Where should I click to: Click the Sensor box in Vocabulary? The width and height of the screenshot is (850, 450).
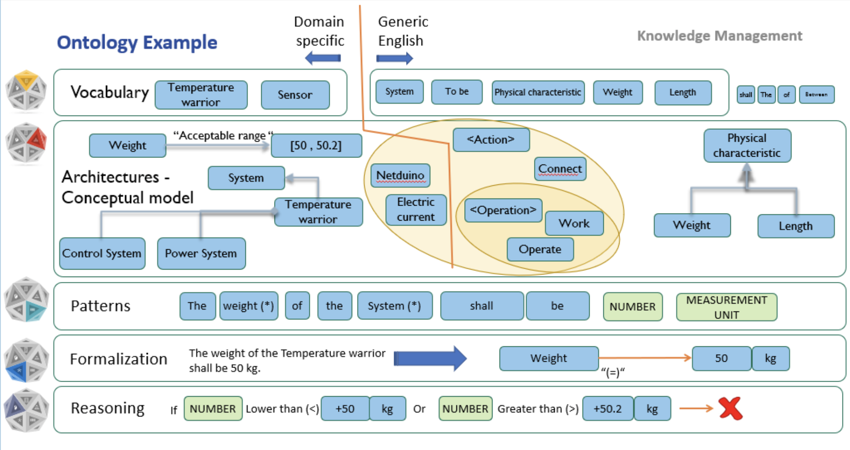coord(295,94)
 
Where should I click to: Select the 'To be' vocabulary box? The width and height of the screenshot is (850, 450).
coord(456,92)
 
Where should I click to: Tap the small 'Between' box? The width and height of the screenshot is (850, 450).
coord(816,94)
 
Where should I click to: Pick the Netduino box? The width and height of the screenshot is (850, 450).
coord(400,176)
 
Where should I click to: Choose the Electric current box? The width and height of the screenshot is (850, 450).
coord(415,210)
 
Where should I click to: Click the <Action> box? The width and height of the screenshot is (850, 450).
coord(491,139)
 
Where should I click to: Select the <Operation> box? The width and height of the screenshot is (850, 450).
coord(503,210)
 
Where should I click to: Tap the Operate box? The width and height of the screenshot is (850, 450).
coord(540,249)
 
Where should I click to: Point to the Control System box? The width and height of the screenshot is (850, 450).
coord(102,253)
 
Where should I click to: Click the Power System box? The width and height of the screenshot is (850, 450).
coord(201,253)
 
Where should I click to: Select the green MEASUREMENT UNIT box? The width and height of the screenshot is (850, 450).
coord(726,307)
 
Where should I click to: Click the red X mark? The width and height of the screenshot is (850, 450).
coord(730,408)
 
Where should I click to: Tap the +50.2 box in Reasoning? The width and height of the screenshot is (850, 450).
coord(607,409)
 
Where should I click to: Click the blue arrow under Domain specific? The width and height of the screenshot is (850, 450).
coord(323,58)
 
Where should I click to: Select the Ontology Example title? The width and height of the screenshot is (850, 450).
coord(137,43)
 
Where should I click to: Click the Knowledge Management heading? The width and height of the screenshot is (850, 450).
coord(719,36)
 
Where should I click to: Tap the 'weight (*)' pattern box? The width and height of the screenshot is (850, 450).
coord(248,306)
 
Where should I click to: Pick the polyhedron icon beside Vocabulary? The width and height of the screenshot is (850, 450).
coord(26,90)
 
